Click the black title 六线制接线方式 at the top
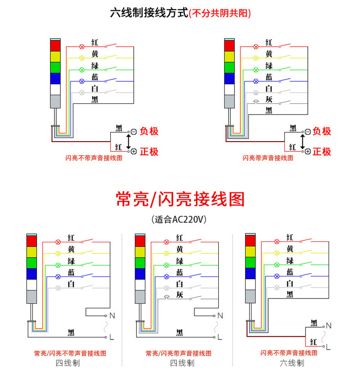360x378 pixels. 149,13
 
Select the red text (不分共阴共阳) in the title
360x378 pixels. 220,13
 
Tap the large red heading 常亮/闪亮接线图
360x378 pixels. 180,199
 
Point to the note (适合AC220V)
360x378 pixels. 179,219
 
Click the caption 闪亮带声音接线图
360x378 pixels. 268,158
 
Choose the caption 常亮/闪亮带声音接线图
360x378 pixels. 179,353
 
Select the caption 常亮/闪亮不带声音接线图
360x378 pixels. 70,353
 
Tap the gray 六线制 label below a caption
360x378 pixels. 292,363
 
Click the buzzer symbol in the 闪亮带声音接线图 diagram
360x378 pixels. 256,102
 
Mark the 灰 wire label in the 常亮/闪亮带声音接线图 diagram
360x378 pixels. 180,294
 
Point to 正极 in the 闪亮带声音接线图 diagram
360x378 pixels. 322,151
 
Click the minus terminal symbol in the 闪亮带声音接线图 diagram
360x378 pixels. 308,132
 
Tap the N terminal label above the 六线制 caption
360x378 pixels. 328,326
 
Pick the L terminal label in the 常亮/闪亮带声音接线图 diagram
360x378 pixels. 220,337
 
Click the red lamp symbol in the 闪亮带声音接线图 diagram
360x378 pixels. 256,47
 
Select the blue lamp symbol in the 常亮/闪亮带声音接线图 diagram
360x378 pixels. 166,277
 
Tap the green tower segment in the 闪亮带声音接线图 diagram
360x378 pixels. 229,67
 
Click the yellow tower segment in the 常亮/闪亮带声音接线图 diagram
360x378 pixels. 140,252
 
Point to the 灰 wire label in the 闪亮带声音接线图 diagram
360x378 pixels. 269,99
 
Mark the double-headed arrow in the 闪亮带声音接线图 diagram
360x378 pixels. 302,142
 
